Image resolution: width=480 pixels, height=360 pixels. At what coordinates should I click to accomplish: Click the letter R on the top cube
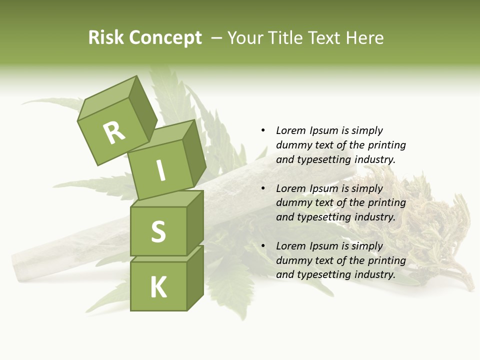pos(114,132)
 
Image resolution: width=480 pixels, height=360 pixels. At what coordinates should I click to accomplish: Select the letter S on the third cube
pos(158,231)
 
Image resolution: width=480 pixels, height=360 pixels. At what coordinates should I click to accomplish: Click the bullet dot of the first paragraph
pos(263,130)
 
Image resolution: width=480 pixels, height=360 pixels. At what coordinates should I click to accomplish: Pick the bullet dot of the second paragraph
pos(263,188)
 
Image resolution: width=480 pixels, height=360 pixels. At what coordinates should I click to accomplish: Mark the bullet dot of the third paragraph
pos(263,246)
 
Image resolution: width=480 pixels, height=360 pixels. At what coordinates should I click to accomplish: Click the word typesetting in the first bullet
pos(324,159)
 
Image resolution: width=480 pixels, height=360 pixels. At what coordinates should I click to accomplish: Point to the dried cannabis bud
pos(430,225)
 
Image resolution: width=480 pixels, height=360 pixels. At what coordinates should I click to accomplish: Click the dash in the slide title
pos(216,38)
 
